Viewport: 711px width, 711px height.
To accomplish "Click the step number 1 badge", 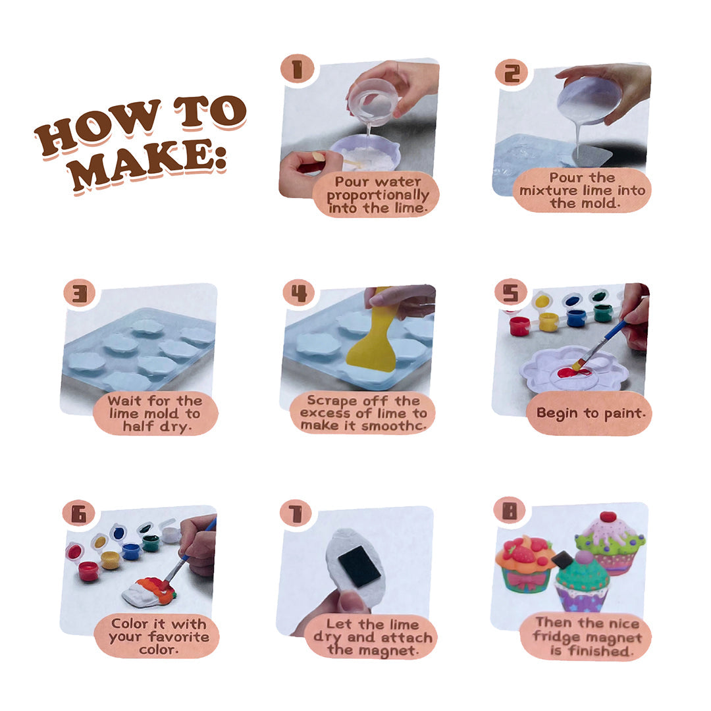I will [298, 69].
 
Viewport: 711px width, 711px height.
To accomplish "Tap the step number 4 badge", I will [299, 293].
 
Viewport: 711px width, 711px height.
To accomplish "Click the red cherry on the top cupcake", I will [608, 517].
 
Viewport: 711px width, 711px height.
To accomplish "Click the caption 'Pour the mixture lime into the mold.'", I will [582, 190].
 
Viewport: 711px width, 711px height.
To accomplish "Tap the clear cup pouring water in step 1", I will [373, 100].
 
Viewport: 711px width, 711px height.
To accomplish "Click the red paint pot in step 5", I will [519, 325].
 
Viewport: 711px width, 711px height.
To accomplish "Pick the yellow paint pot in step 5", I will [548, 321].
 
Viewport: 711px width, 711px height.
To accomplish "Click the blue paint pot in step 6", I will [130, 551].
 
